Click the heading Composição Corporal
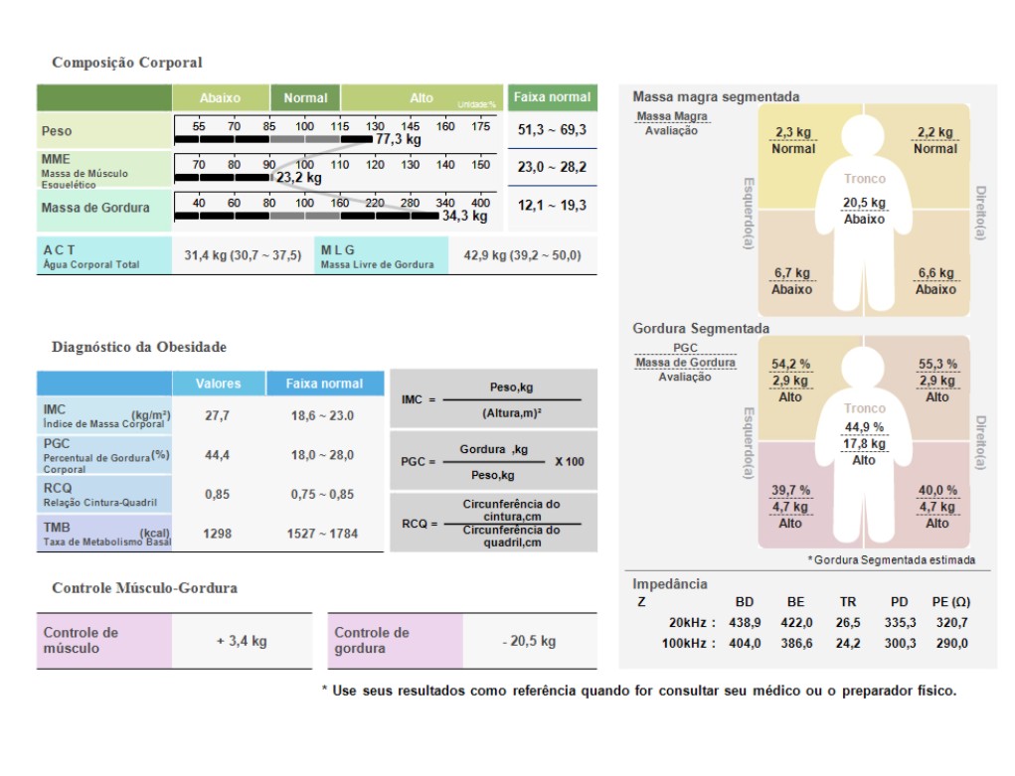coord(126,63)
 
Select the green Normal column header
coord(305,97)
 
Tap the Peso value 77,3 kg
coord(398,140)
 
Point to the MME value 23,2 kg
coord(298,178)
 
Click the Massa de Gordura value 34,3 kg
coord(464,216)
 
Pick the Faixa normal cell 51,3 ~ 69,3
coord(552,130)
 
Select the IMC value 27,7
coord(217,415)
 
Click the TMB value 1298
coord(217,534)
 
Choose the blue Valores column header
coord(218,384)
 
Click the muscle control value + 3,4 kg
coord(242,641)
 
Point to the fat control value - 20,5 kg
coord(529,641)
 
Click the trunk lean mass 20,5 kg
coord(864,203)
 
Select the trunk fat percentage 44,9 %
coord(864,427)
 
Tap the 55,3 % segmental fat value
coord(937,365)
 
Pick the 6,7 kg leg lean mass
coord(791,273)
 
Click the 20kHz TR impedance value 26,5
coord(848,623)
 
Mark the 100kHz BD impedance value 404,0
coord(745,644)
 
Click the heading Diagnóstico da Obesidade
coord(139,347)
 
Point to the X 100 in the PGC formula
coord(570,462)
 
